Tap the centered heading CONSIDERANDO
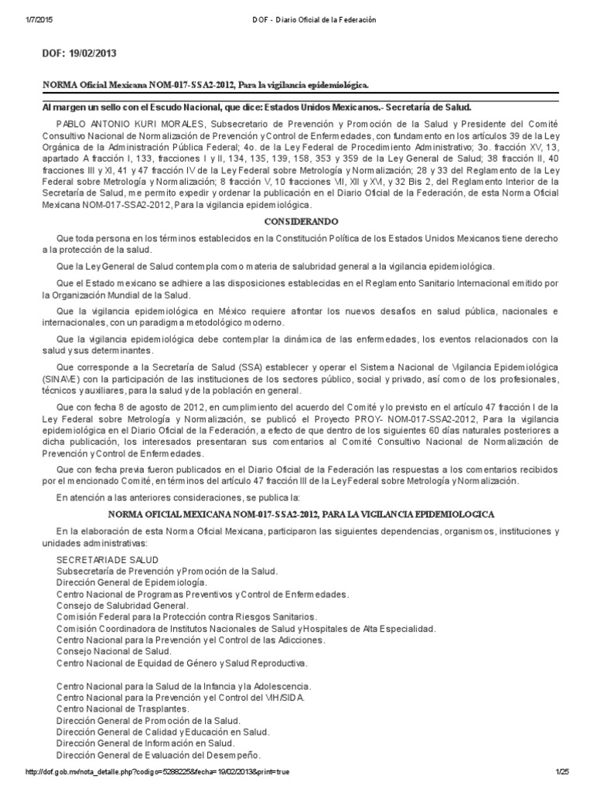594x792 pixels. coord(297,220)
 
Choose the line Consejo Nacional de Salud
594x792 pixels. coord(114,651)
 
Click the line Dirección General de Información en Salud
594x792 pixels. coord(157,742)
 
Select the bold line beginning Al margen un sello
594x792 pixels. coord(256,108)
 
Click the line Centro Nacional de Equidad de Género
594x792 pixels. coord(183,663)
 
